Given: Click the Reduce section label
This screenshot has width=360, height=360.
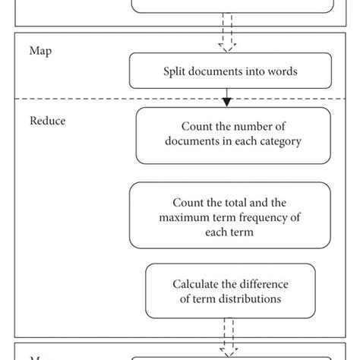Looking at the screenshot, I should tap(47, 120).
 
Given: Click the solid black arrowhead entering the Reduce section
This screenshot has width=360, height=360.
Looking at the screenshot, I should tap(226, 101).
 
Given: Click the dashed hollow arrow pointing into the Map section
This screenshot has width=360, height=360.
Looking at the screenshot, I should tap(226, 42).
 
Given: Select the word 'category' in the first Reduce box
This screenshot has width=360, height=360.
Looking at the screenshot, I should tap(282, 141).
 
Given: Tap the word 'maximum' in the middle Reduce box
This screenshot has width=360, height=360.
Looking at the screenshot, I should tap(186, 219).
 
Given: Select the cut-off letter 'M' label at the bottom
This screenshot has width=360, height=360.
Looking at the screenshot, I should tap(35, 356).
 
